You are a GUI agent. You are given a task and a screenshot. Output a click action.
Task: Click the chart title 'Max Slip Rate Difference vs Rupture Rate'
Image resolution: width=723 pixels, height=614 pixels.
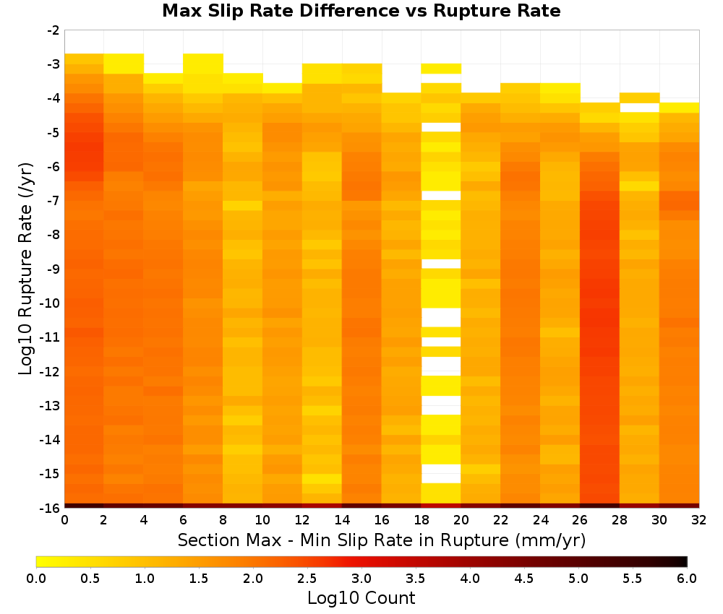[x=361, y=11]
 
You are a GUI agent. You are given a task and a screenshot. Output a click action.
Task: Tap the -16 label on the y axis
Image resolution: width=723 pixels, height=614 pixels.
[x=51, y=508]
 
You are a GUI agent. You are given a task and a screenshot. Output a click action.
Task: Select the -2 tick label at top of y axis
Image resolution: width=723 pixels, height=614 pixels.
[x=54, y=30]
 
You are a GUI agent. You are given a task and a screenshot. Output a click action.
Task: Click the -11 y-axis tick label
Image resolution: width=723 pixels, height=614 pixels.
[x=51, y=337]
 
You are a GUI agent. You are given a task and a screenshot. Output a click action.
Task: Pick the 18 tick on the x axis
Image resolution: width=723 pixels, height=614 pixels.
[x=422, y=520]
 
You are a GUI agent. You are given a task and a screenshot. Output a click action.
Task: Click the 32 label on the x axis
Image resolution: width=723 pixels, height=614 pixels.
[x=699, y=520]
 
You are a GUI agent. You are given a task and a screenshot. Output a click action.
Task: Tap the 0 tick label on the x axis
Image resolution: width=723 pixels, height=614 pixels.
[x=64, y=520]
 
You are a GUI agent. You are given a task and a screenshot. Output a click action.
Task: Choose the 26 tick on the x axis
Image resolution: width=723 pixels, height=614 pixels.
[x=580, y=520]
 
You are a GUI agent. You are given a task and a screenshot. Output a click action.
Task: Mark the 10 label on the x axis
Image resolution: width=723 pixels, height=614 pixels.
[x=262, y=520]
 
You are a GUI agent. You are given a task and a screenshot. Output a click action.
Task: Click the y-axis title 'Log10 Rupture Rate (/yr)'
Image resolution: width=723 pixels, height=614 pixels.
[x=26, y=269]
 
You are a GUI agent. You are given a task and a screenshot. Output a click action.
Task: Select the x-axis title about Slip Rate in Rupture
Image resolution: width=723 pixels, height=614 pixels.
[x=382, y=540]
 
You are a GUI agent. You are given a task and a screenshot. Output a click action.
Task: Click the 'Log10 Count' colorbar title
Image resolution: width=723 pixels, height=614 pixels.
[x=361, y=598]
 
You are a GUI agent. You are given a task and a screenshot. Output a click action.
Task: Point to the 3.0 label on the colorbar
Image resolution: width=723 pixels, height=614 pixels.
[x=361, y=578]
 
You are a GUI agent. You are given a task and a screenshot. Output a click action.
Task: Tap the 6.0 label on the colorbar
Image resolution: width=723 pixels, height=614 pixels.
[x=687, y=578]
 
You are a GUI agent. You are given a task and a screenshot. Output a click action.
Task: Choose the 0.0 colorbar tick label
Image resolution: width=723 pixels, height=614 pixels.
[x=36, y=578]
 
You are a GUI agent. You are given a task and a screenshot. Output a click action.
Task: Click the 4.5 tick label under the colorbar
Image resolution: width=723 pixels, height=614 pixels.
[x=523, y=578]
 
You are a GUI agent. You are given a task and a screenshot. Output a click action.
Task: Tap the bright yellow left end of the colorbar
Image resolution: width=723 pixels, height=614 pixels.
[x=39, y=561]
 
